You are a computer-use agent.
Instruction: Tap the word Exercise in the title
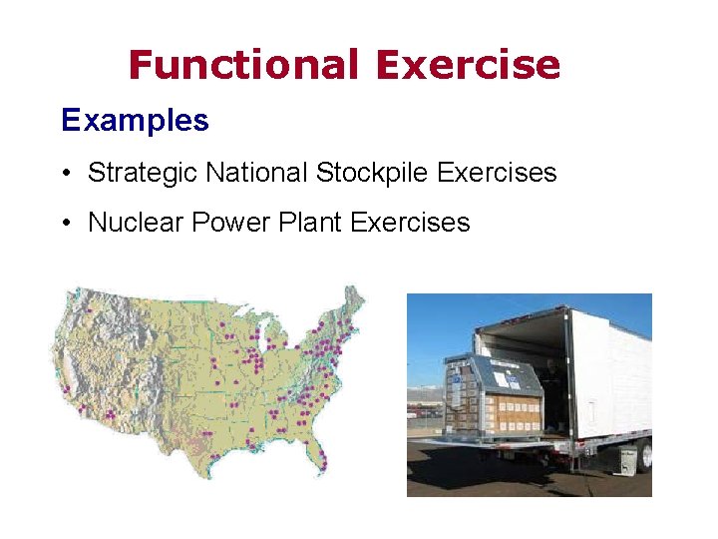[468, 65]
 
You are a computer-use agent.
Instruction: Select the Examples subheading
[135, 121]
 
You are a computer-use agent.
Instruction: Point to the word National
[257, 173]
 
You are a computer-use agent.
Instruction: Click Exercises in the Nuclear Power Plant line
[410, 222]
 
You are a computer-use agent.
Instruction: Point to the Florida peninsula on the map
[321, 462]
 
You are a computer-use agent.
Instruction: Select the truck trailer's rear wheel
[644, 455]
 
